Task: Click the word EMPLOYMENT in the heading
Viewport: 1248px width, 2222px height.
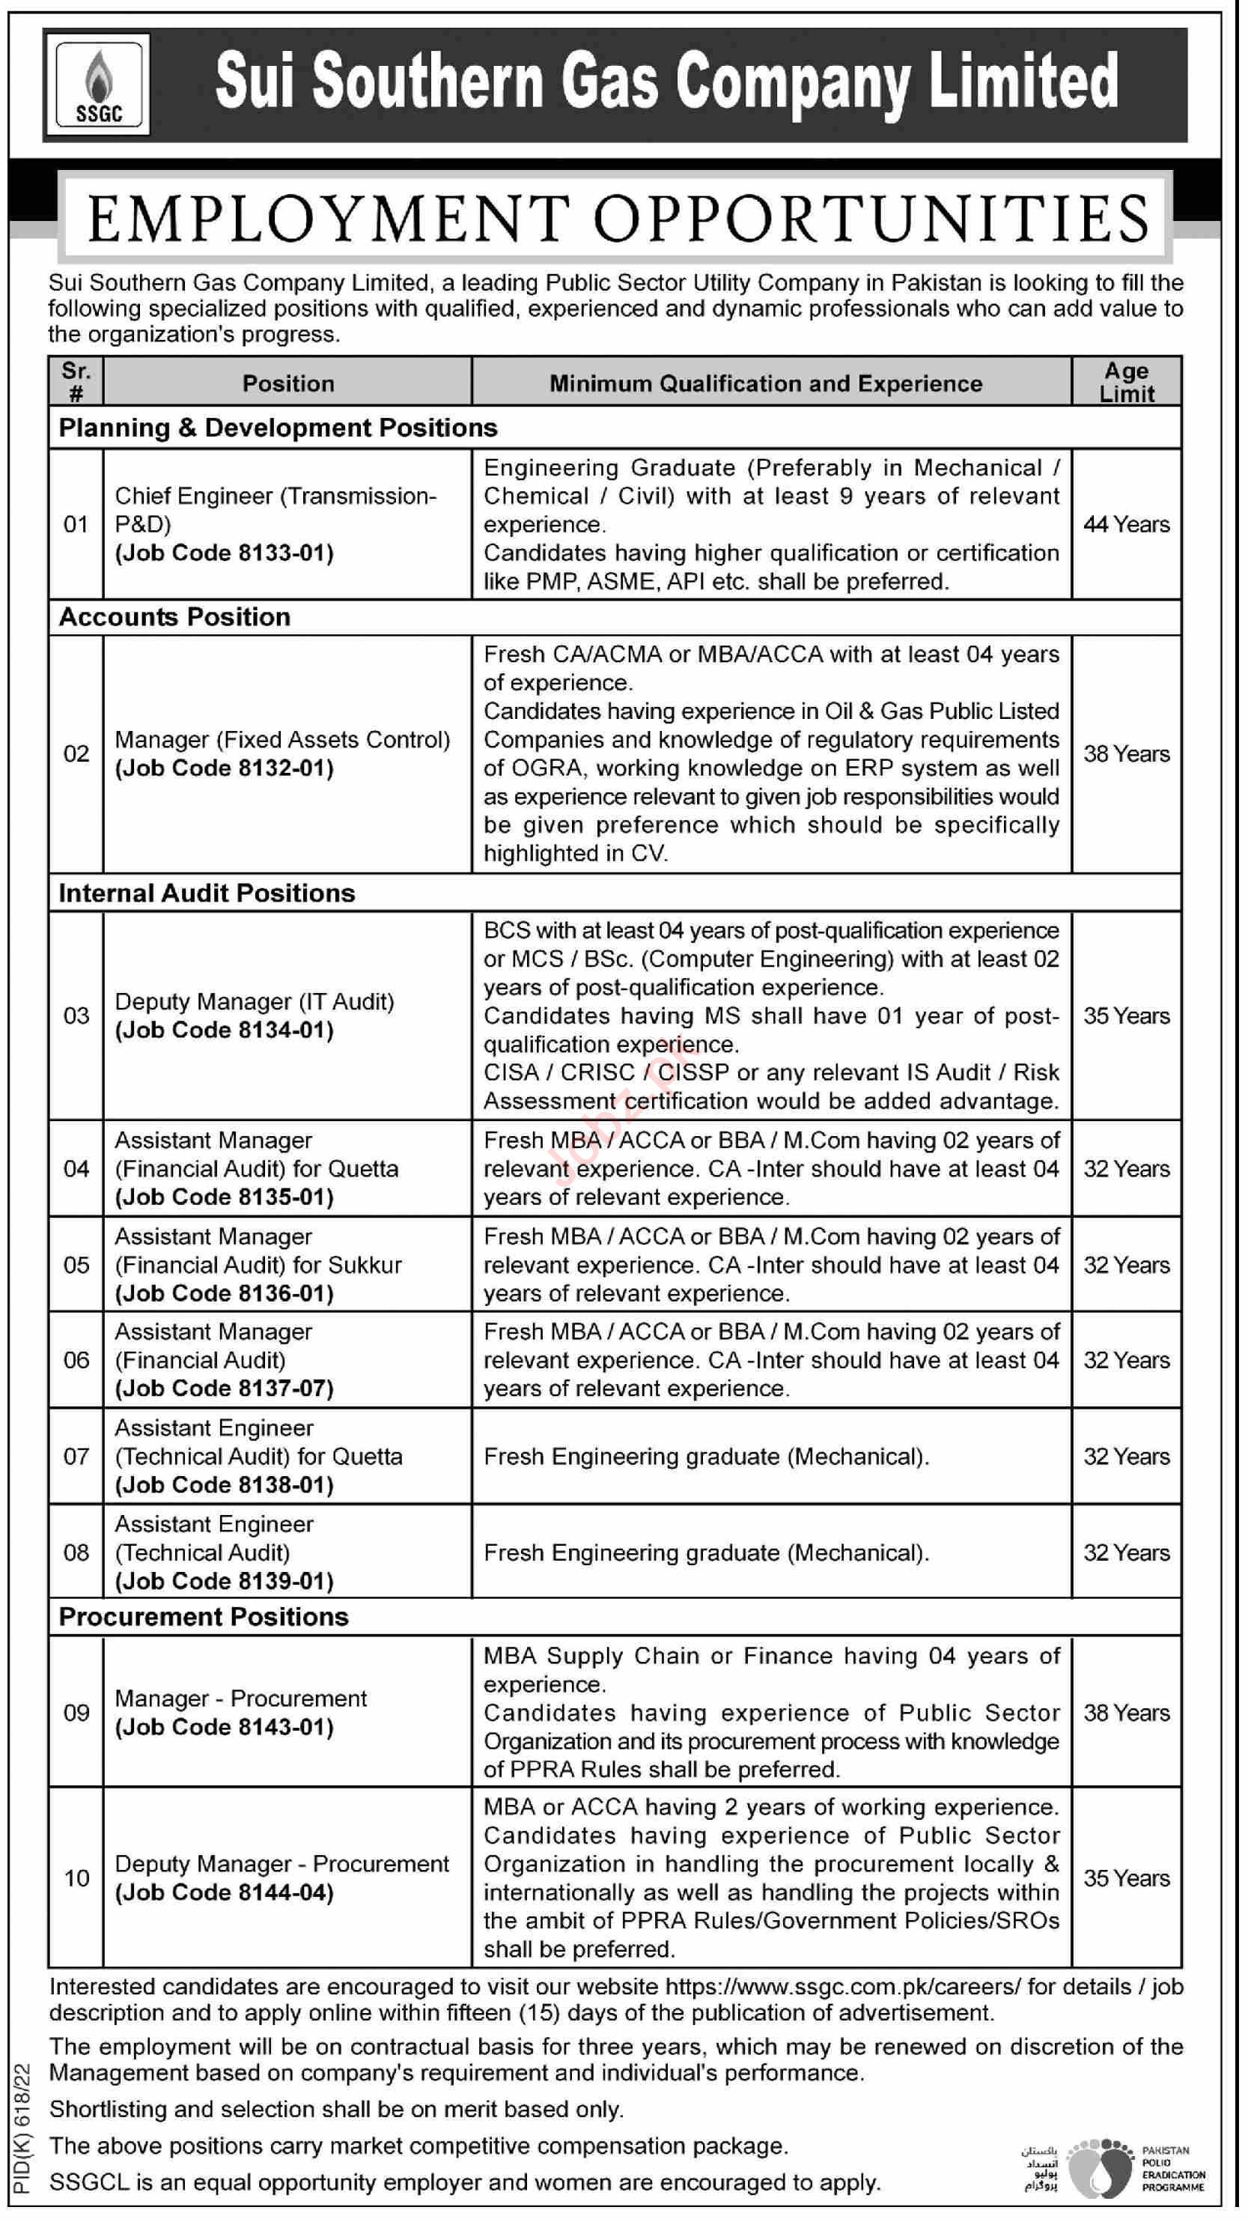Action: pos(329,219)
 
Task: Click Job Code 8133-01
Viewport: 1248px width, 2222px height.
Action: pos(225,553)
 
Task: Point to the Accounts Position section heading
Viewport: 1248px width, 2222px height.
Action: pos(174,618)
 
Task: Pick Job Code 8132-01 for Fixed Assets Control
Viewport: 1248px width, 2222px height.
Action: pos(225,768)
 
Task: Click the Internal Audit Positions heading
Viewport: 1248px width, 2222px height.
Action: pos(206,893)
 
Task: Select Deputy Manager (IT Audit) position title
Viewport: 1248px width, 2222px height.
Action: pos(255,1001)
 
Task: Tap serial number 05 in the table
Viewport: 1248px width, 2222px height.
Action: pos(76,1266)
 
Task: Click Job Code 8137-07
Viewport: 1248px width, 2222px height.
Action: pos(225,1388)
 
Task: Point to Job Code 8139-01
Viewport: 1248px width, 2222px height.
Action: pos(225,1581)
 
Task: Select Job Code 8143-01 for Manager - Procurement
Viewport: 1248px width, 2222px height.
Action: pos(225,1727)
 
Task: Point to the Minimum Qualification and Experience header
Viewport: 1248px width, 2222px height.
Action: pos(766,384)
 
